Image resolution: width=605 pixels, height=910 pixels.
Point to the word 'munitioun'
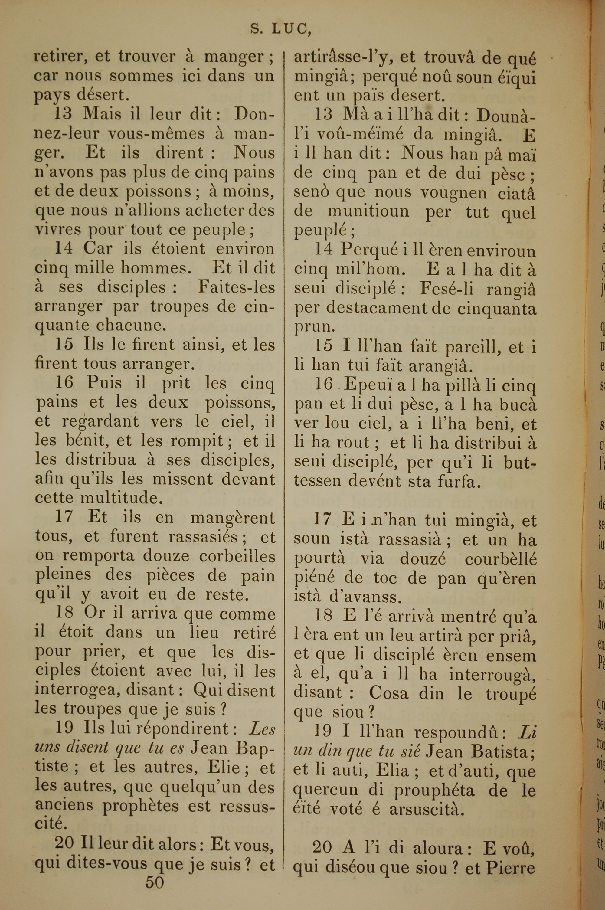(x=368, y=212)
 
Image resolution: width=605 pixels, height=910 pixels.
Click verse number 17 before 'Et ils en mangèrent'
(x=64, y=517)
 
